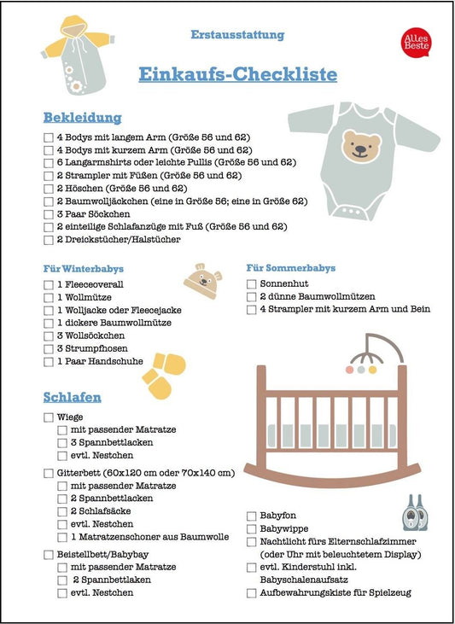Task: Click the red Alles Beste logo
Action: coord(415,42)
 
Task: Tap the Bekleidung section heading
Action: coord(82,117)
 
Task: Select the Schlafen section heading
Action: coord(73,397)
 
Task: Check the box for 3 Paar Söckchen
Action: coord(48,213)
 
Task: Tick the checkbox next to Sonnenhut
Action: coord(251,283)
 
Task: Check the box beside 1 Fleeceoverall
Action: coord(48,283)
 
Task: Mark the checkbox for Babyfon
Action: coord(251,516)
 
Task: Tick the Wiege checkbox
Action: coord(48,418)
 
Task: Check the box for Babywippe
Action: coord(251,528)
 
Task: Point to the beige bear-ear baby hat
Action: coord(201,279)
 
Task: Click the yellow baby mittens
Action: coord(163,376)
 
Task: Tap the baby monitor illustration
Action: coord(414,511)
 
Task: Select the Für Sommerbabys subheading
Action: coord(291,268)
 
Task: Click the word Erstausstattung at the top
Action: coord(237,35)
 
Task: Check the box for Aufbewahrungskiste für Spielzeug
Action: coord(251,592)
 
